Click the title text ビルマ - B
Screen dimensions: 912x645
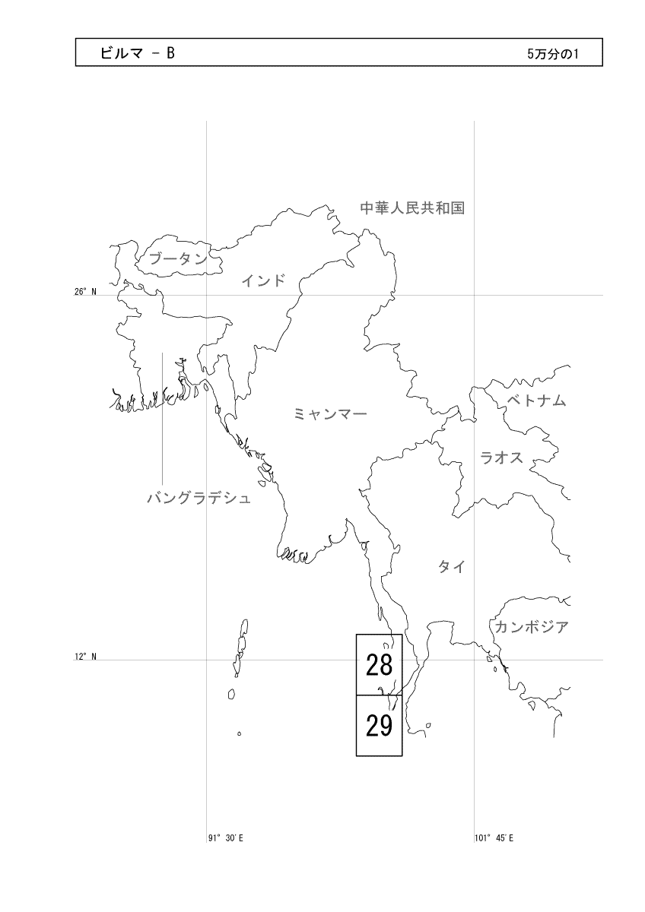pos(138,53)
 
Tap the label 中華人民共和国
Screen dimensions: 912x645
pos(411,207)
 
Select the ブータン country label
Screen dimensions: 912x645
pos(178,258)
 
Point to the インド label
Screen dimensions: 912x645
pos(263,281)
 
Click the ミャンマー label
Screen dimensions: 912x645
pos(330,414)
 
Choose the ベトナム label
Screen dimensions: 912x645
pos(536,401)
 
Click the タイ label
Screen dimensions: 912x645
pos(451,567)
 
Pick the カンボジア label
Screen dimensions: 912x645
pos(532,628)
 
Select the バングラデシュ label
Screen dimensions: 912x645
pos(199,499)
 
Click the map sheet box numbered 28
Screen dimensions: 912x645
pos(379,664)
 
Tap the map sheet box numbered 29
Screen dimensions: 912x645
pos(379,726)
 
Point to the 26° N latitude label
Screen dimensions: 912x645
pos(85,292)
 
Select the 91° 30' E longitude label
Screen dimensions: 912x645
pos(225,838)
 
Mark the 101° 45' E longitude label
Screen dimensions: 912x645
pos(494,838)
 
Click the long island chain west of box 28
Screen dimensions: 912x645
pos(241,646)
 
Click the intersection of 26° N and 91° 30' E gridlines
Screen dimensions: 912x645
pos(207,295)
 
